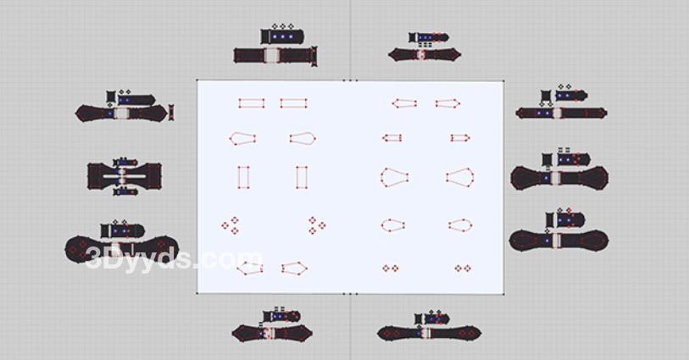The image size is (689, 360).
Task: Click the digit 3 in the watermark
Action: [x=93, y=258]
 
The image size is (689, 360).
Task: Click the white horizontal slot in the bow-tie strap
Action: [x=125, y=176]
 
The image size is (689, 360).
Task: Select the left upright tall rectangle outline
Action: [x=243, y=177]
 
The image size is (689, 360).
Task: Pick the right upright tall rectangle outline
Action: [x=302, y=177]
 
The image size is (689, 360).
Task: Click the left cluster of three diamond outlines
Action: [x=231, y=225]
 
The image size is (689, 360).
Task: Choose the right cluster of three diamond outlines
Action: [x=316, y=225]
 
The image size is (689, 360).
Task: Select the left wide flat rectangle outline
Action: [x=252, y=103]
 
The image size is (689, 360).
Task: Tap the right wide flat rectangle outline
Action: [x=293, y=103]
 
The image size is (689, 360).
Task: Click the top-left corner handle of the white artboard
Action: [x=197, y=80]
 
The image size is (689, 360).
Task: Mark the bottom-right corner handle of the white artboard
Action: [x=503, y=294]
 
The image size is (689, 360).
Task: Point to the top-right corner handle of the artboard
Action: [x=503, y=80]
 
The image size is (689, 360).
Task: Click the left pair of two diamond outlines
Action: [x=390, y=269]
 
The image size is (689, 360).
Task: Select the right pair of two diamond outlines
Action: [x=463, y=269]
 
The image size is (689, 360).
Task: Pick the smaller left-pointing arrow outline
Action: [x=392, y=138]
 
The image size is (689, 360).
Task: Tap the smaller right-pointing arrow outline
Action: [x=460, y=138]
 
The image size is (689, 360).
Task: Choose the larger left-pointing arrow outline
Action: [x=404, y=103]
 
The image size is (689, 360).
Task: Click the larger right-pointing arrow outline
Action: [x=447, y=103]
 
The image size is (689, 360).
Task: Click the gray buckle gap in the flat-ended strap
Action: [x=271, y=55]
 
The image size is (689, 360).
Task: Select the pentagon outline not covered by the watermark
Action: [x=294, y=269]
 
